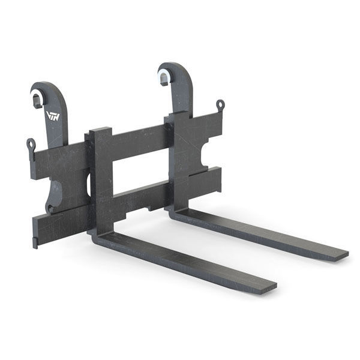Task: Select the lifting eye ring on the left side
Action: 30,144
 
